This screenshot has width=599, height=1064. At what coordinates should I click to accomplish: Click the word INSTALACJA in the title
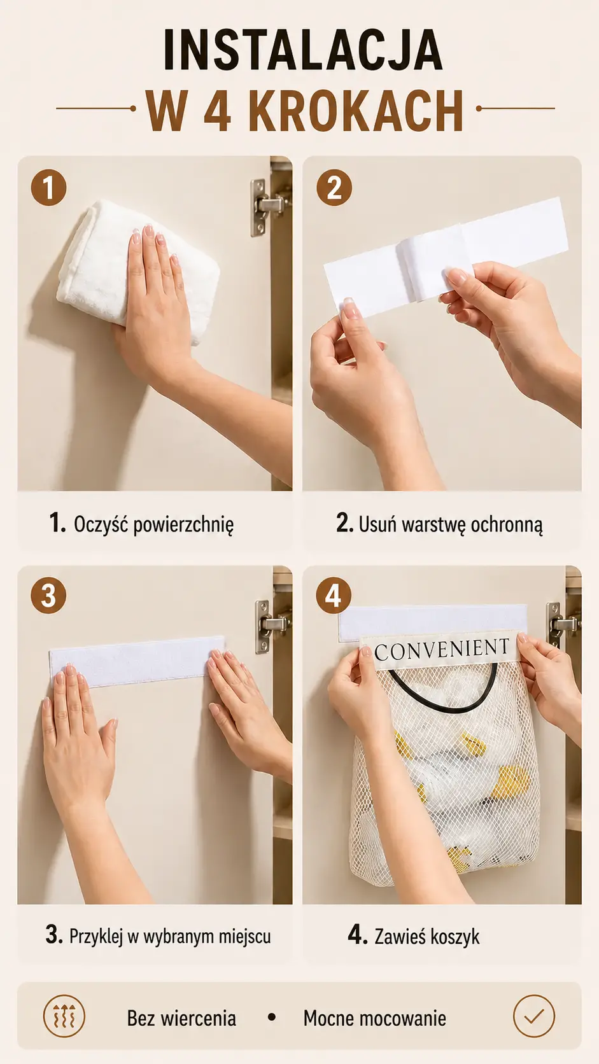pos(302,50)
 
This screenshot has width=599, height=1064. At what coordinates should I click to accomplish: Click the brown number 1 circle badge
pos(48,188)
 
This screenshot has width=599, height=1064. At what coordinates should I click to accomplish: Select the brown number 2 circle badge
pos(334,188)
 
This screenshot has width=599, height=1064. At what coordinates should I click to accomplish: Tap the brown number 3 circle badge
pos(48,596)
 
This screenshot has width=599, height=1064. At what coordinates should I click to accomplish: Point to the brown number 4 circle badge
pos(334,596)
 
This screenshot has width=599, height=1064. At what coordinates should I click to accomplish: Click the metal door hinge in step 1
pos(267,207)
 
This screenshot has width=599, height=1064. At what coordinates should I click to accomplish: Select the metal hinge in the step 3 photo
pos(271,626)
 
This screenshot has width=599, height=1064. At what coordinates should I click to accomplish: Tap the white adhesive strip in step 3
pos(137,661)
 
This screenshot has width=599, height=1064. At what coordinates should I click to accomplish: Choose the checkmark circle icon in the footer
pos(534,1016)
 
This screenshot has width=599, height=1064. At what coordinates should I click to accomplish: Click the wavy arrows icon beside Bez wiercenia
pos(64,1016)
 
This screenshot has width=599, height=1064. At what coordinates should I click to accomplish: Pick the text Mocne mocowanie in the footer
pos(375,1018)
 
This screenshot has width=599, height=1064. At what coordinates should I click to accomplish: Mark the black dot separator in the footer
pos(272,1017)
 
